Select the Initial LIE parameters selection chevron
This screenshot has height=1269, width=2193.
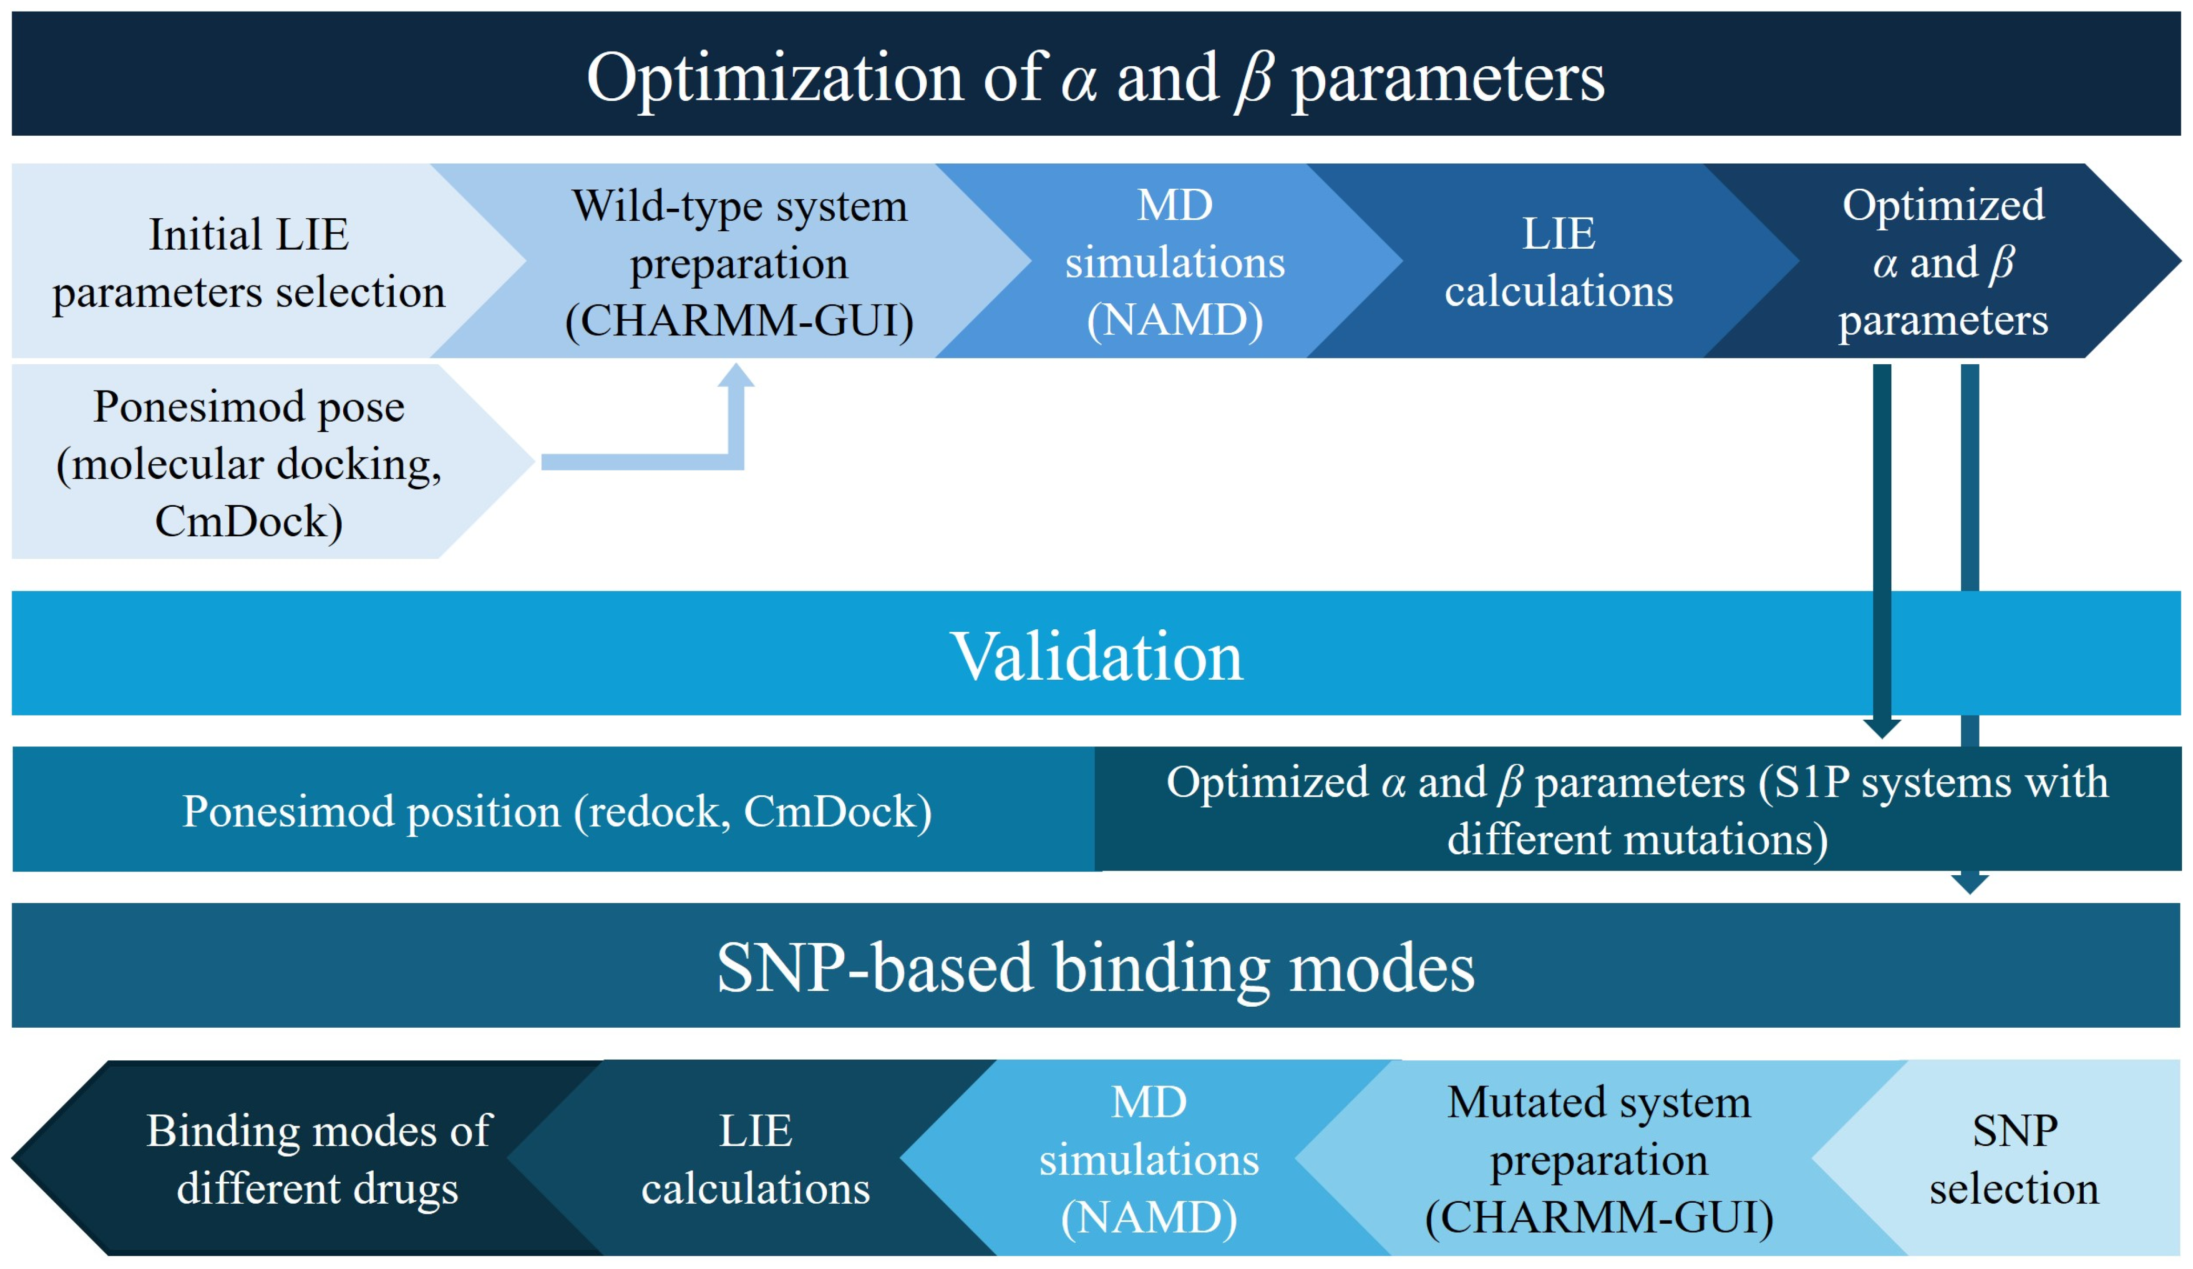[x=248, y=262]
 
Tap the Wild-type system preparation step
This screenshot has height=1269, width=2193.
[x=739, y=262]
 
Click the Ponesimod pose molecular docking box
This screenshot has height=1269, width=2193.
[x=248, y=463]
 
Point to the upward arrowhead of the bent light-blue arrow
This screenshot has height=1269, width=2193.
[x=736, y=376]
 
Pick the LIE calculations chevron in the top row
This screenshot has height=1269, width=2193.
[x=1557, y=262]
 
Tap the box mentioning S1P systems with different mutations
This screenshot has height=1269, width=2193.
[x=1636, y=810]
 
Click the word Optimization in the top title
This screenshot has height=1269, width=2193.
[x=774, y=78]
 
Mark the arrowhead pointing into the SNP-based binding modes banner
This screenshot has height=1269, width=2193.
[x=1970, y=884]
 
